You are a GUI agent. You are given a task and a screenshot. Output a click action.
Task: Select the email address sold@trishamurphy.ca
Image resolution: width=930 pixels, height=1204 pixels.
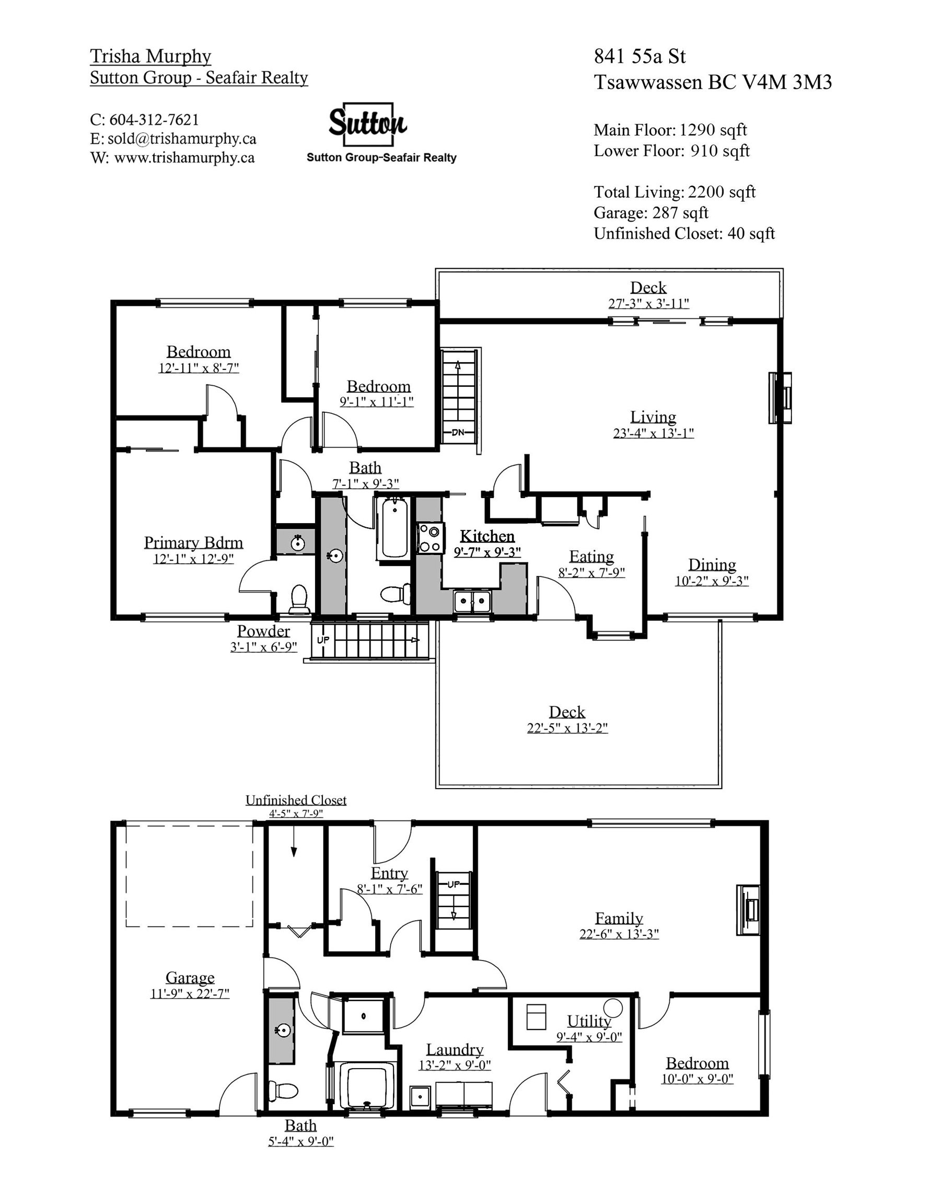tap(181, 138)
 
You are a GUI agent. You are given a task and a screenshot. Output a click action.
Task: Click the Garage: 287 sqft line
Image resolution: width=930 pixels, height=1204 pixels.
tap(650, 213)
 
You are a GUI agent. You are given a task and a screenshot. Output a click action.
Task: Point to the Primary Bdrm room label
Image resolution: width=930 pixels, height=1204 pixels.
tap(193, 542)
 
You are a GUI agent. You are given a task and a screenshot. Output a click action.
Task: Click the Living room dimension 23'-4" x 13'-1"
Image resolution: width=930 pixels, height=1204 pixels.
tap(653, 433)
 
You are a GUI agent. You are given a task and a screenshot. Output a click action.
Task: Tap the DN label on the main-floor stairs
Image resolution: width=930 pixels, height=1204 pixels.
tap(458, 432)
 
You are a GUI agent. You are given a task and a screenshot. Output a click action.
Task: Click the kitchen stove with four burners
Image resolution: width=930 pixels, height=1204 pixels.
tap(429, 538)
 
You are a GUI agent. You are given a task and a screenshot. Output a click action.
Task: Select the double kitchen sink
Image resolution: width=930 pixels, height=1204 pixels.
tap(472, 600)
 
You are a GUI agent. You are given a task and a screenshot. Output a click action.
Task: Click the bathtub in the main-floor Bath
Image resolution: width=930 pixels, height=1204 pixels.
tap(393, 528)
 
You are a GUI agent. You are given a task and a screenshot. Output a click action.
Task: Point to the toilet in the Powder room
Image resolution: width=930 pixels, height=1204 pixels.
tap(299, 599)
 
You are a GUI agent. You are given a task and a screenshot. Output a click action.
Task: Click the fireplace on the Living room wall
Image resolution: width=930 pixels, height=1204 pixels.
tap(780, 398)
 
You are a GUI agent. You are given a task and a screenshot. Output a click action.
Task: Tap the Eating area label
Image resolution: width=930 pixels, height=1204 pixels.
tap(591, 556)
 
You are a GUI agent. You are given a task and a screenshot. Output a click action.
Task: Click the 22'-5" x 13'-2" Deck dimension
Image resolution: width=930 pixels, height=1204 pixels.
tap(567, 728)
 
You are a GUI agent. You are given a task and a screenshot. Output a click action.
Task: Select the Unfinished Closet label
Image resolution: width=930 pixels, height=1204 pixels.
tap(296, 800)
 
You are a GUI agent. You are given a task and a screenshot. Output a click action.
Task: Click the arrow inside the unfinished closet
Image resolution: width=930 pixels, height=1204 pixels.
tap(294, 842)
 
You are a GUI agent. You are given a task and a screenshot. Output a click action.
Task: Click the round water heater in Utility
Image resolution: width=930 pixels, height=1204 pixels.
tap(613, 1007)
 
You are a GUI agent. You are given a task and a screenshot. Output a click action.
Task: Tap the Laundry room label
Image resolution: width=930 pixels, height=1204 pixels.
tap(454, 1050)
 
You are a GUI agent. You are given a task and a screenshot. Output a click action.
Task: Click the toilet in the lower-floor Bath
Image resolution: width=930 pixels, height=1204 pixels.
tap(283, 1091)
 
